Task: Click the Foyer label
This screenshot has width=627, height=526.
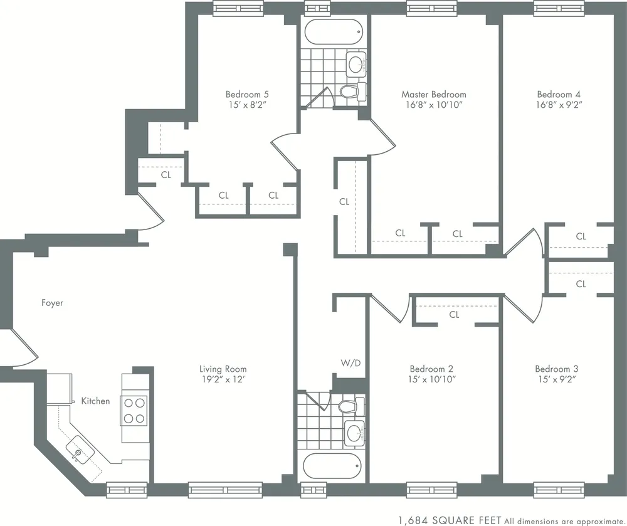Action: coord(53,303)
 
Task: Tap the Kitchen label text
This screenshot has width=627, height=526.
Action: coord(95,401)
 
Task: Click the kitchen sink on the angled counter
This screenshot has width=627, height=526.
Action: coord(80,451)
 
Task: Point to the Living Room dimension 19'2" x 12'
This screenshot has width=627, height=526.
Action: coord(223,379)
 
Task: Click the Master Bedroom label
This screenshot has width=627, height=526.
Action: coord(434,95)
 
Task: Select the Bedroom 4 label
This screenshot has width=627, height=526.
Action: coord(554,95)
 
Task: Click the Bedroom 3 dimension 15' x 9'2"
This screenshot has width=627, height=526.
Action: coord(556,379)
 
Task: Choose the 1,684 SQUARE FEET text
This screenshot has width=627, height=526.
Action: coord(450,519)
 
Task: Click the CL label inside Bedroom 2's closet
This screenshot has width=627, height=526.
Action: coord(455,315)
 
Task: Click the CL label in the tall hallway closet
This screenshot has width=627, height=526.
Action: coord(344,202)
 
